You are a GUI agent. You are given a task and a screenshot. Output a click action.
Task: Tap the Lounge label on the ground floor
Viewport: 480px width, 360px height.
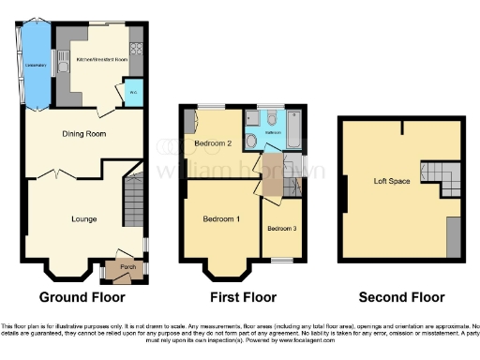(x=84, y=219)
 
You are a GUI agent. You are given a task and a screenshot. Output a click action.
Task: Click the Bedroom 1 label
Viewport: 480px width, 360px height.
(x=222, y=219)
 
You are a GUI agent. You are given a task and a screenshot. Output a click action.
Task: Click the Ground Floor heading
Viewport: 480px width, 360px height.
(x=82, y=297)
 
